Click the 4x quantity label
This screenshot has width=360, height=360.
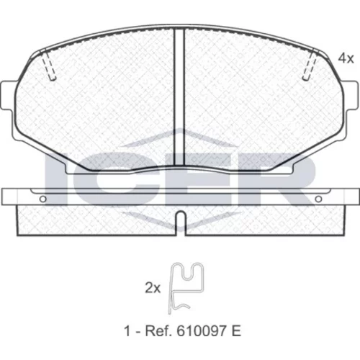(346, 58)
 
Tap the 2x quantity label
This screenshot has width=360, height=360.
(153, 288)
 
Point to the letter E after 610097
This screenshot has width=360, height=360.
(236, 331)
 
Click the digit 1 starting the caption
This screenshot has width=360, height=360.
(127, 331)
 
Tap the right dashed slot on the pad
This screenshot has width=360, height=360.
(310, 64)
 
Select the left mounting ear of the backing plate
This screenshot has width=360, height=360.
(6, 96)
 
